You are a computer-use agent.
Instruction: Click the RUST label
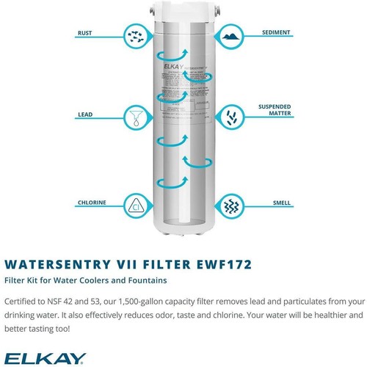(x=86, y=33)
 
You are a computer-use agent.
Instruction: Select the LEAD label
(x=85, y=115)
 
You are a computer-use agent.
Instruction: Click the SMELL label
(x=281, y=203)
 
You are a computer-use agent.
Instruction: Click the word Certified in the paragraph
(x=24, y=301)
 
